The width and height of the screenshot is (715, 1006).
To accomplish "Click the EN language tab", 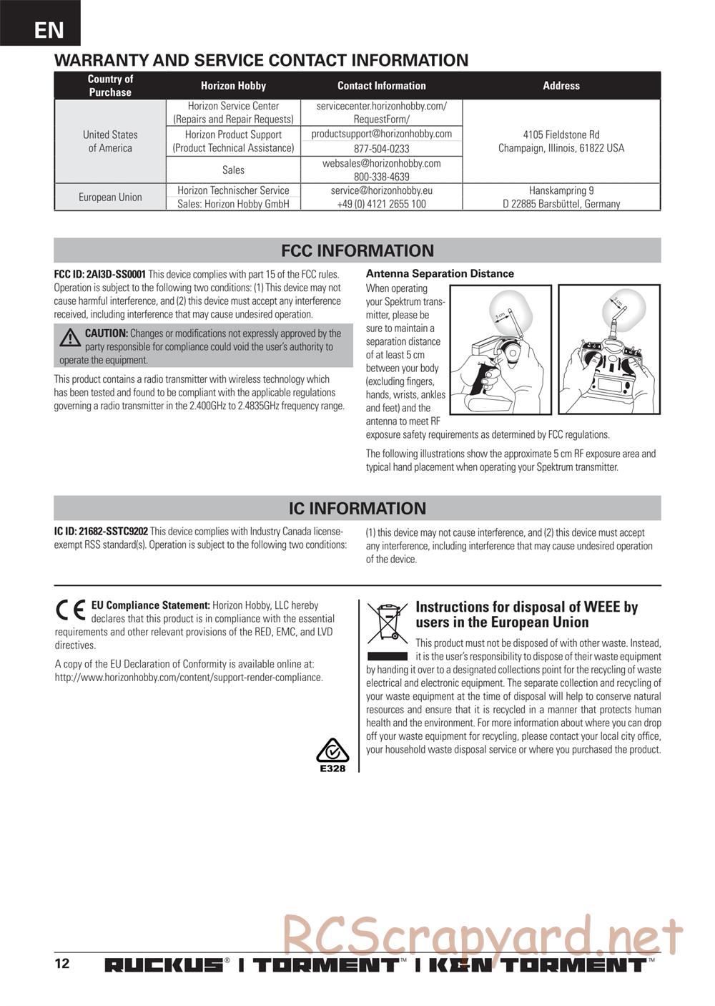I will pyautogui.click(x=49, y=29).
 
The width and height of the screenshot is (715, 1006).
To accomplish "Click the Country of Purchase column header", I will pyautogui.click(x=110, y=86).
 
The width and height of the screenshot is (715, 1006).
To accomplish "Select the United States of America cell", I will pyautogui.click(x=110, y=141).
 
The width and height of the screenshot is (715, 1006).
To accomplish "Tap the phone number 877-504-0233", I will pyautogui.click(x=382, y=149).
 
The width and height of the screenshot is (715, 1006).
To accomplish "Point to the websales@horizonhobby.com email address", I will pyautogui.click(x=382, y=163).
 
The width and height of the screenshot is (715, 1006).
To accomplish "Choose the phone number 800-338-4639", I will pyautogui.click(x=382, y=177).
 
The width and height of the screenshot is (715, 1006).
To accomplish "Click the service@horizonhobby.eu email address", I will pyautogui.click(x=382, y=190).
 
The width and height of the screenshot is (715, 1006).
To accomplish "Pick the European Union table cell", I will pyautogui.click(x=110, y=197).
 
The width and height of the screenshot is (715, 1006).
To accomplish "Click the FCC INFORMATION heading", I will pyautogui.click(x=357, y=251).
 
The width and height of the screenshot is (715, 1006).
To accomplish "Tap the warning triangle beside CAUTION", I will pyautogui.click(x=70, y=338).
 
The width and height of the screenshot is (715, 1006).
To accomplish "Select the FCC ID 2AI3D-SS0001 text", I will pyautogui.click(x=100, y=274).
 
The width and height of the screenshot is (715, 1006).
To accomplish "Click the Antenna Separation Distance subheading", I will pyautogui.click(x=440, y=273).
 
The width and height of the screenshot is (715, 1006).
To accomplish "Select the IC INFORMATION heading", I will pyautogui.click(x=357, y=509).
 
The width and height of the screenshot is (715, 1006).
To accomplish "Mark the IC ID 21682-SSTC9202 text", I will pyautogui.click(x=101, y=532).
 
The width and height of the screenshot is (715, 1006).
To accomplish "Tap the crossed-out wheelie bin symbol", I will pyautogui.click(x=388, y=622).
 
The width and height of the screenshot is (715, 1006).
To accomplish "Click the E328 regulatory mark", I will pyautogui.click(x=332, y=756).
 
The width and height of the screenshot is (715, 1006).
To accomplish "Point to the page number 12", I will pyautogui.click(x=62, y=963).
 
